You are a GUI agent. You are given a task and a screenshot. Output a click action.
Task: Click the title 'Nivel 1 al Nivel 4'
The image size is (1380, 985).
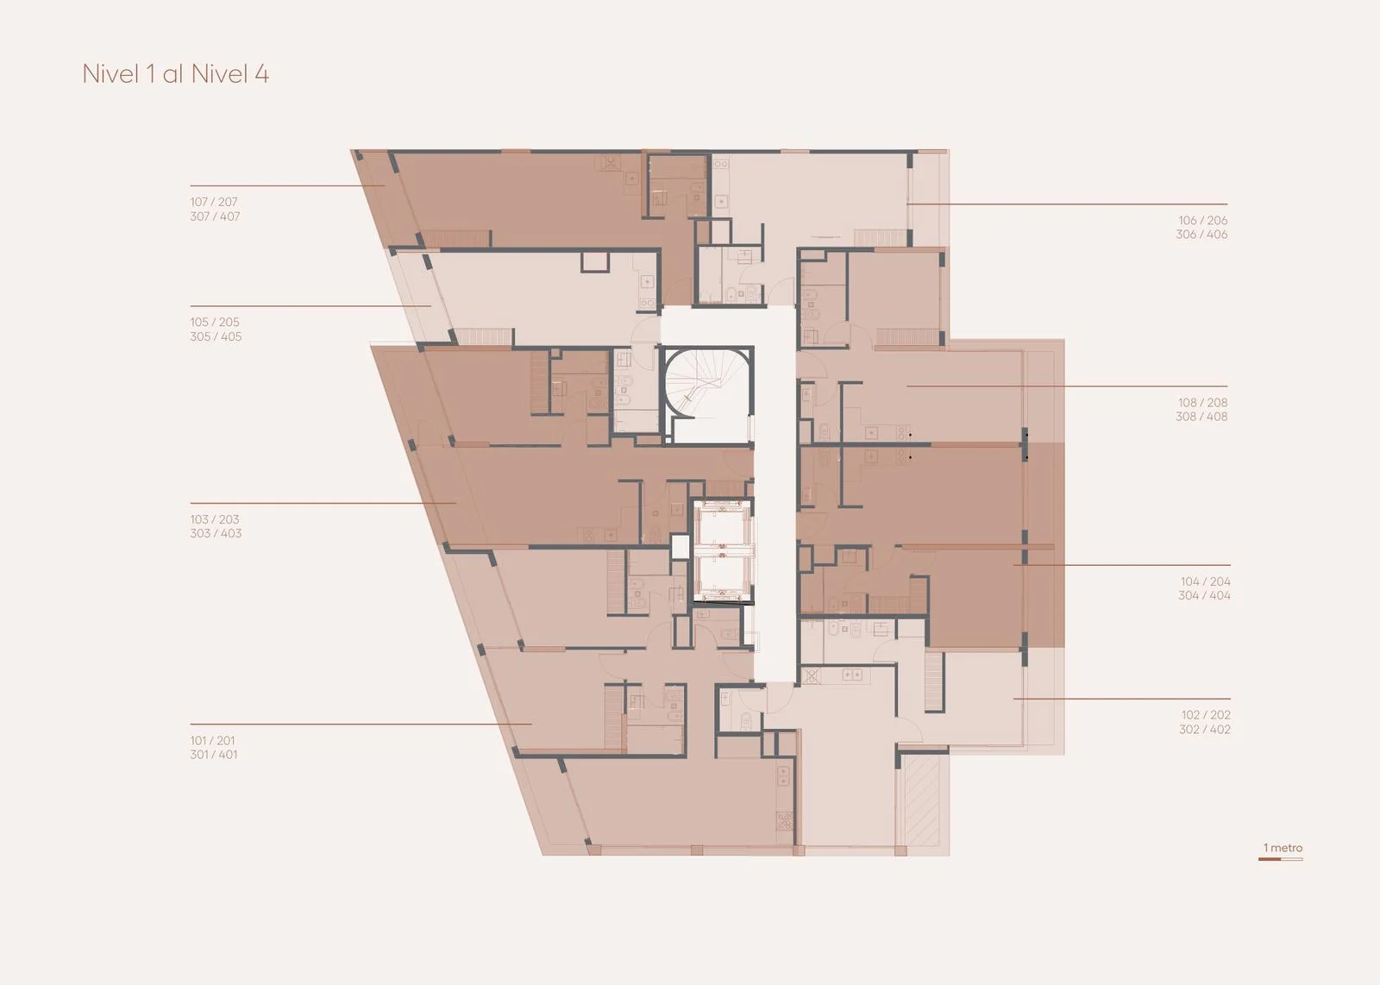[176, 74]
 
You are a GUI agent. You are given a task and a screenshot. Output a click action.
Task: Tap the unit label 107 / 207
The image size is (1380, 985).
[214, 202]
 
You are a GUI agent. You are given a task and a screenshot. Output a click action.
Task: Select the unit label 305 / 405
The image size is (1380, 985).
[216, 336]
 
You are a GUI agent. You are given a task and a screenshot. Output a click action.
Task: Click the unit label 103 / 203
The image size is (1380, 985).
[215, 519]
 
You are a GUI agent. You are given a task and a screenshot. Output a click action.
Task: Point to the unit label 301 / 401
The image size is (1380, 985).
[214, 755]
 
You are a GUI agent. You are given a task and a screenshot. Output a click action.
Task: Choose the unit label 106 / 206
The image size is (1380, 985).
[1202, 220]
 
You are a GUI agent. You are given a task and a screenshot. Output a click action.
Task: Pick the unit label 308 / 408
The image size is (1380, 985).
[1201, 417]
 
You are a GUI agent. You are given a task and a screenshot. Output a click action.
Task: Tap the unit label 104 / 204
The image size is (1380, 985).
[1206, 581]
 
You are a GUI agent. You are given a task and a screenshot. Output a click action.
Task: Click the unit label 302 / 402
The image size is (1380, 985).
[1205, 730]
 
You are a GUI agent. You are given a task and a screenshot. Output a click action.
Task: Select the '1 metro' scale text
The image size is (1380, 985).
[1283, 848]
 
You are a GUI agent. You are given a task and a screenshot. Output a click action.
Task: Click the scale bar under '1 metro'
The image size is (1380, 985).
[1280, 859]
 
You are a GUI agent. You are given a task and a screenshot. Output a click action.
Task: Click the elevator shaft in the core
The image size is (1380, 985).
[723, 551]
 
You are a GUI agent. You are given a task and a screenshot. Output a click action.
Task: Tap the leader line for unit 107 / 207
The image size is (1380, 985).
[287, 185]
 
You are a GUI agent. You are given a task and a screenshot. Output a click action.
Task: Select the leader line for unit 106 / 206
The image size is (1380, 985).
[1067, 204]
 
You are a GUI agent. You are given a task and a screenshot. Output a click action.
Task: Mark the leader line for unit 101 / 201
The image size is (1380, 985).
[361, 724]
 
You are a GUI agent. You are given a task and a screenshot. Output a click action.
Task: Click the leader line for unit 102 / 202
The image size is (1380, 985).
[1122, 699]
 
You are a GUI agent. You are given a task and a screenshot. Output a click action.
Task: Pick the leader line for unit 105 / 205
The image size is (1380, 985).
[310, 305]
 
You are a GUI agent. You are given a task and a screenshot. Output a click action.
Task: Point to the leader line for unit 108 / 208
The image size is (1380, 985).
[1067, 386]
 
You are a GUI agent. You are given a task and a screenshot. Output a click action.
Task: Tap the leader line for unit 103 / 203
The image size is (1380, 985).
[323, 503]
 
